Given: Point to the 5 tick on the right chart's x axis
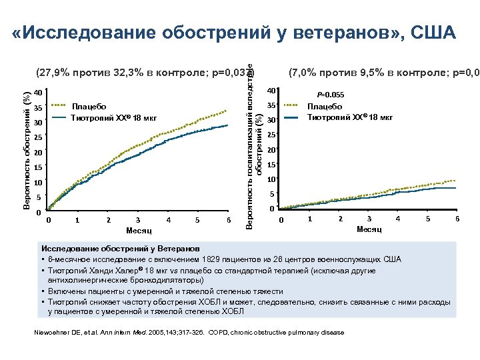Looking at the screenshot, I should point(428,219).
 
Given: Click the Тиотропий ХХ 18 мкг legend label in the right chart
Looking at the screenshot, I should point(349,117).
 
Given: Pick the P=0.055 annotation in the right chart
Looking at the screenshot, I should point(330,95).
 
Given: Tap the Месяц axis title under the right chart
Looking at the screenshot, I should point(369,229).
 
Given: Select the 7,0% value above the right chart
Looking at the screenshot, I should point(304,72).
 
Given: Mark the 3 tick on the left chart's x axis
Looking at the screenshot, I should point(137,220).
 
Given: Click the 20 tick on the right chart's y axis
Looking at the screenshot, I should point(271,150).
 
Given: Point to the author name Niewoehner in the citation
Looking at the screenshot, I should point(53,332).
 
